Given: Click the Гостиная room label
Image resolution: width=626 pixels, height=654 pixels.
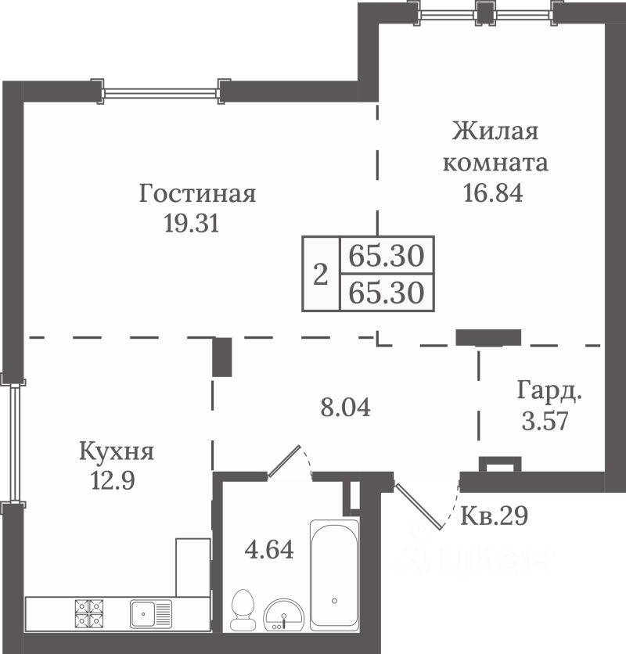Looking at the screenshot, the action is [x=197, y=194].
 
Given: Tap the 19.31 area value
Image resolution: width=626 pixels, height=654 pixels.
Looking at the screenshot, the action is [x=192, y=223].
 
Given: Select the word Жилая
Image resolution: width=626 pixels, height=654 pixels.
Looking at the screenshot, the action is [x=495, y=131].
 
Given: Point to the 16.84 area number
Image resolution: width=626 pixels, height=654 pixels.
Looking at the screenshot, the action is [x=493, y=192].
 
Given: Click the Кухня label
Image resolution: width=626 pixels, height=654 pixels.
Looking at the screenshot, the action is [x=117, y=452].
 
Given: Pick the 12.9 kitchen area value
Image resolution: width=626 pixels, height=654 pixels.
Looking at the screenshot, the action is [x=113, y=480].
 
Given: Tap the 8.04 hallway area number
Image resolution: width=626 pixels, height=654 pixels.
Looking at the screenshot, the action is [x=346, y=407].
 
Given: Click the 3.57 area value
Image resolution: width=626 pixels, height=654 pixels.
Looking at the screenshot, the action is [x=545, y=420].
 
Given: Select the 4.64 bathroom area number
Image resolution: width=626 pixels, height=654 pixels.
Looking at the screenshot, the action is [x=269, y=549].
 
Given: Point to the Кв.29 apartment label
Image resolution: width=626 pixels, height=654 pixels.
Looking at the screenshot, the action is [x=494, y=516].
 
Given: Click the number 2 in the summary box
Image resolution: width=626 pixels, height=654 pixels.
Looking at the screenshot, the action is [x=321, y=275].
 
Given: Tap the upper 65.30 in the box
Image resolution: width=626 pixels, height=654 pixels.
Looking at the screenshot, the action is [x=387, y=255].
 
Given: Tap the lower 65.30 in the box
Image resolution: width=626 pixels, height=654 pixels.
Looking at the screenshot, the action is [x=387, y=293].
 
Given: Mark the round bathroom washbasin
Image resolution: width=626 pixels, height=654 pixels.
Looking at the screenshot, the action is [x=284, y=614].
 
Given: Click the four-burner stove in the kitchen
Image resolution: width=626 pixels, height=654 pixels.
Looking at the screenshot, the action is [x=89, y=613].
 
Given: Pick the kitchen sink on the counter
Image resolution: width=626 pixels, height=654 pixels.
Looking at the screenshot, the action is [x=151, y=613].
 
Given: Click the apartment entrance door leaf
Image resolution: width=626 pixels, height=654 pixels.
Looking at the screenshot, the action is [x=419, y=507].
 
